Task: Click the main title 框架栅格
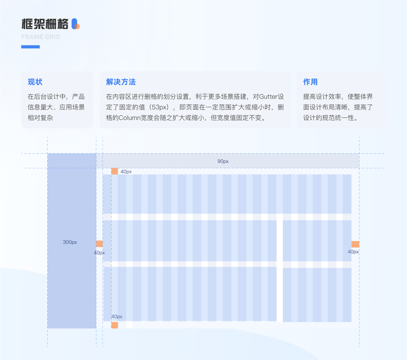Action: pos(44,24)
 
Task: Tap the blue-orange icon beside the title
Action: pos(75,24)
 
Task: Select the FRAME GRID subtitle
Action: pos(40,37)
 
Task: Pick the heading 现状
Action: pos(35,82)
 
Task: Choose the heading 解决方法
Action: pos(121,82)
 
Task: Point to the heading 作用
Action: pos(310,82)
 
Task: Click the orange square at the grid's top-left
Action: pos(115,172)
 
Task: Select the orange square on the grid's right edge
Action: pos(355,244)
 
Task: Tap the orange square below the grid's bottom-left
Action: pos(115,325)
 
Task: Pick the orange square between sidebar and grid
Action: pos(100,244)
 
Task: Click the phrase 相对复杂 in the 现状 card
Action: pos(40,118)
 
